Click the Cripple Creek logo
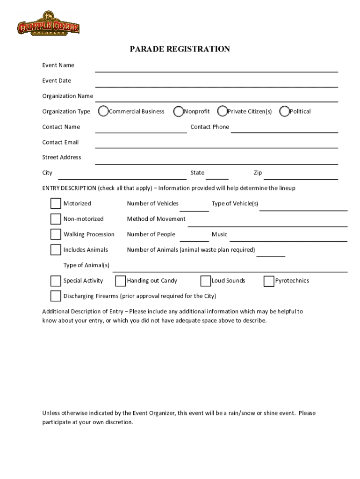(48, 23)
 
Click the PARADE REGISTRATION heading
(180, 49)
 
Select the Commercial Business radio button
(103, 111)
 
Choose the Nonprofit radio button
(178, 111)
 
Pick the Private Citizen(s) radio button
(223, 111)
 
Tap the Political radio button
(284, 111)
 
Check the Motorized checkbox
(56, 203)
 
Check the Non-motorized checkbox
(56, 219)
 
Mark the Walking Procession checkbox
(56, 234)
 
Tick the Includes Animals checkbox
(56, 250)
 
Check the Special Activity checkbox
(56, 281)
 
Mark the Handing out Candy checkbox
(120, 281)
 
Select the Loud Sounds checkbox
(205, 281)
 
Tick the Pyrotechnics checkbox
(268, 281)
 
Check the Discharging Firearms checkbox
(56, 296)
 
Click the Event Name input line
(216, 68)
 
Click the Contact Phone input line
(284, 129)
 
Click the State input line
(217, 175)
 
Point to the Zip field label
(258, 173)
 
